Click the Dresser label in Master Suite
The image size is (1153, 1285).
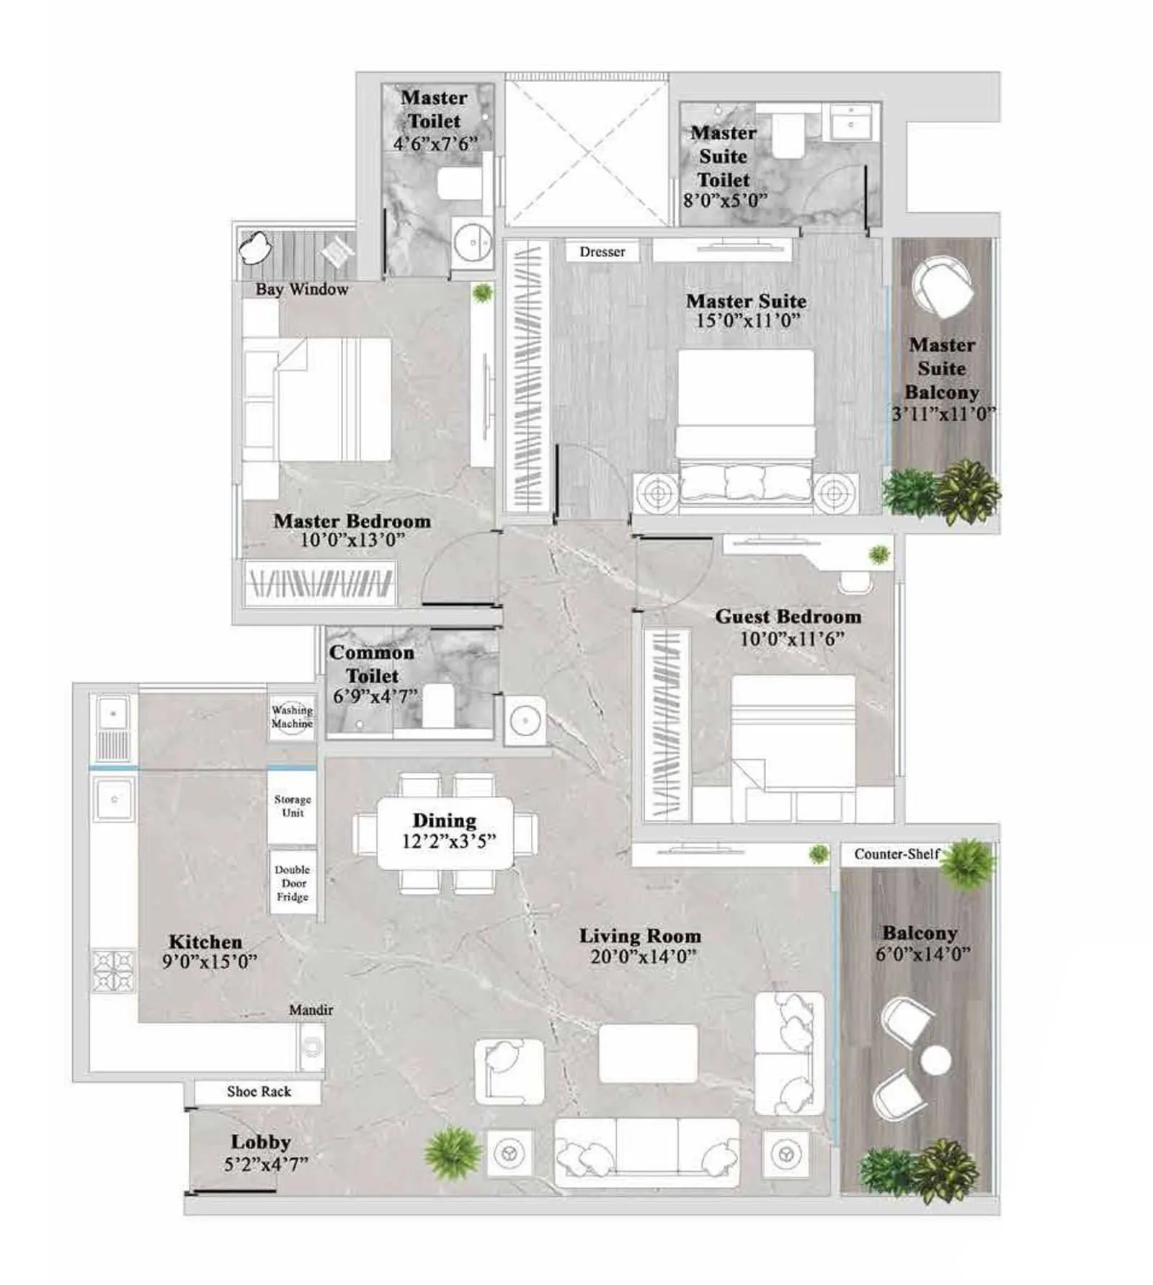602,252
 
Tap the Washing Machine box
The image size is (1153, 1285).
292,717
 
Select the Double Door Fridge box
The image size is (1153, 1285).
292,883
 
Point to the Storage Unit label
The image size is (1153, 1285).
292,806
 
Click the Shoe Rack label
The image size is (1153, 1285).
259,1091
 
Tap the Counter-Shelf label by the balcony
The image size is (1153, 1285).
896,854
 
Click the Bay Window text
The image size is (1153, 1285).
301,290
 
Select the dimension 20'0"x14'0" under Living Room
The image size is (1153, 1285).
643,957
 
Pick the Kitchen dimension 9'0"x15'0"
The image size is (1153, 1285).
209,962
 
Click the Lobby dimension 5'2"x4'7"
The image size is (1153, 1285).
265,1164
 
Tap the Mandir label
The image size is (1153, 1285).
311,1010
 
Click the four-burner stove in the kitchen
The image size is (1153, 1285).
113,970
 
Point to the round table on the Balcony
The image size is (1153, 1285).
935,1060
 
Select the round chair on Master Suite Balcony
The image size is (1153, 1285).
941,287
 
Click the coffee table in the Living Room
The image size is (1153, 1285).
648,1053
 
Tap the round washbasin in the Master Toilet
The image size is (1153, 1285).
472,243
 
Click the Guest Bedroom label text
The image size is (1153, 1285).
788,617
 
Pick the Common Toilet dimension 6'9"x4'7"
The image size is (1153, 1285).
375,697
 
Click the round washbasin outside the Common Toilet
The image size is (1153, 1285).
525,720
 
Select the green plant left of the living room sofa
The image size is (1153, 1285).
453,1152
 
